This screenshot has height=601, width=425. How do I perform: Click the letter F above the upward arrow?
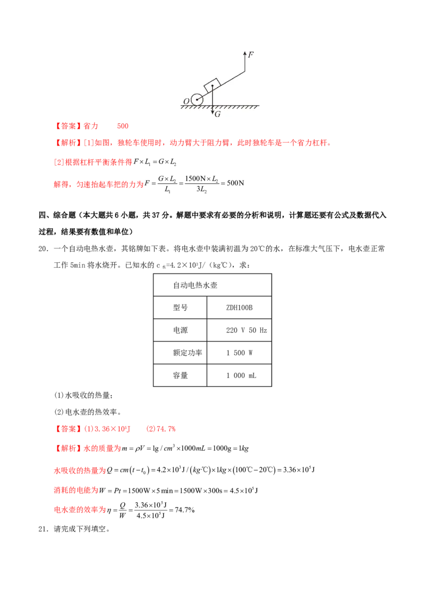[x=250, y=55]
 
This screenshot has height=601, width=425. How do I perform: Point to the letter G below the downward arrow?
[x=217, y=114]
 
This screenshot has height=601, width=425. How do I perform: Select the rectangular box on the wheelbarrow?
[x=212, y=85]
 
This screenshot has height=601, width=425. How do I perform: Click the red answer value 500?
[x=123, y=126]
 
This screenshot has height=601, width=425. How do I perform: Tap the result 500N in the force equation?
[x=235, y=183]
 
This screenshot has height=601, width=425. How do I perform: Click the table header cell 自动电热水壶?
[x=195, y=285]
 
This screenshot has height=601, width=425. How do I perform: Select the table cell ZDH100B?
[x=240, y=307]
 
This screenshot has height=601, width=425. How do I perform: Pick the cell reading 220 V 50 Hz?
[x=246, y=330]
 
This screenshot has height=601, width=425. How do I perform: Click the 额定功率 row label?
[x=188, y=353]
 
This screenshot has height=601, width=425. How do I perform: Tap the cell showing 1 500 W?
[x=240, y=353]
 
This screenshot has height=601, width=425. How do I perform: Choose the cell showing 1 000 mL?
[x=241, y=375]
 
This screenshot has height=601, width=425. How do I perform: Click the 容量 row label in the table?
[x=180, y=375]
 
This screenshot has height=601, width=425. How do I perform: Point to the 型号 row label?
[x=180, y=307]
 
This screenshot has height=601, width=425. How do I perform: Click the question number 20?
[x=44, y=249]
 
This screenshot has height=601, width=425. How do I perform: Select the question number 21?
[x=44, y=529]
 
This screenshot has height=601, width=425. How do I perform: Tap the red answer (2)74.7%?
[x=161, y=429]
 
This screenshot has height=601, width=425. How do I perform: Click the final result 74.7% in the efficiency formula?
[x=185, y=510]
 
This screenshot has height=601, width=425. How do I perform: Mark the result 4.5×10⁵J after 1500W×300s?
[x=244, y=490]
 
